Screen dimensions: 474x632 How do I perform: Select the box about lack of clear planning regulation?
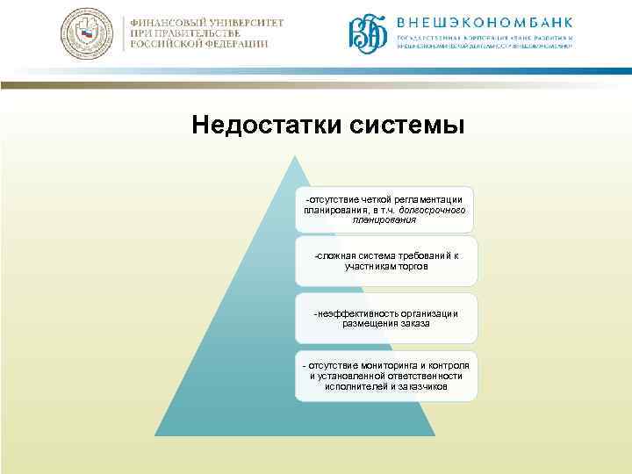pyautogui.click(x=385, y=210)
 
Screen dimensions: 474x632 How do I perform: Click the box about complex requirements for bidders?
pyautogui.click(x=385, y=261)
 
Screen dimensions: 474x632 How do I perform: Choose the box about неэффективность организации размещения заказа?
pyautogui.click(x=385, y=318)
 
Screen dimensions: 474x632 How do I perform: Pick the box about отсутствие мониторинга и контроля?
pyautogui.click(x=385, y=376)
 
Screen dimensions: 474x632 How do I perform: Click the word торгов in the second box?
pyautogui.click(x=412, y=266)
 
